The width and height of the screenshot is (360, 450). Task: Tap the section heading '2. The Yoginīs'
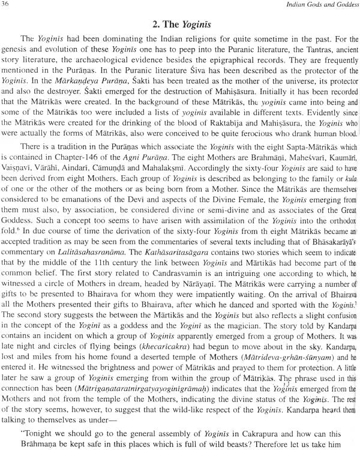[x=179, y=26]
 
